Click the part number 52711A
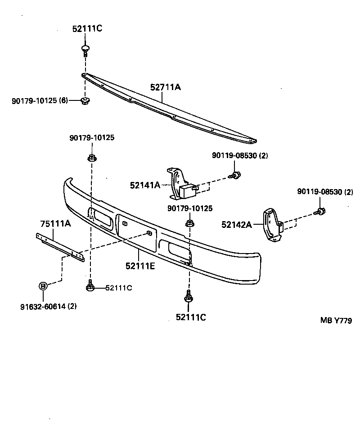[165, 87]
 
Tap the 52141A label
[145, 184]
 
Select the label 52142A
[237, 224]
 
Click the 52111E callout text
[140, 266]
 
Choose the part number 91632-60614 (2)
[48, 307]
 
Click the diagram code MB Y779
[336, 320]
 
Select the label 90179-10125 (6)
[40, 100]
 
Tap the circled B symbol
[43, 286]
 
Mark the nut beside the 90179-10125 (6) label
[84, 100]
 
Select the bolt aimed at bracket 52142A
[320, 210]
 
